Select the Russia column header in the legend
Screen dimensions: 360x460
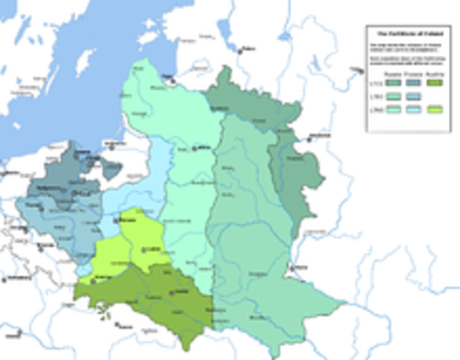click(390, 73)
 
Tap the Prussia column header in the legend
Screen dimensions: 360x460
click(411, 73)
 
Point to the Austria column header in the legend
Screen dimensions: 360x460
click(432, 73)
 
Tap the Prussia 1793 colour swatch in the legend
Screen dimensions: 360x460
click(411, 96)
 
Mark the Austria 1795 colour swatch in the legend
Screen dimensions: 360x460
click(432, 109)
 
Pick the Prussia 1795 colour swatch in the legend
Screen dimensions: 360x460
click(411, 109)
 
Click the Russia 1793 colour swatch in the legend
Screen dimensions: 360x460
click(390, 96)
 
